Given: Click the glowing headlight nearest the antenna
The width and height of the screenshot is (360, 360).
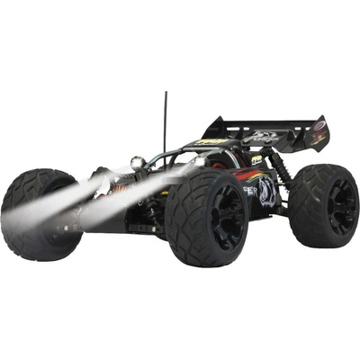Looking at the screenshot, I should pyautogui.click(x=137, y=163).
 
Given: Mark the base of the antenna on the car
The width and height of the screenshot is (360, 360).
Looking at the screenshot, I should pyautogui.click(x=165, y=151).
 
